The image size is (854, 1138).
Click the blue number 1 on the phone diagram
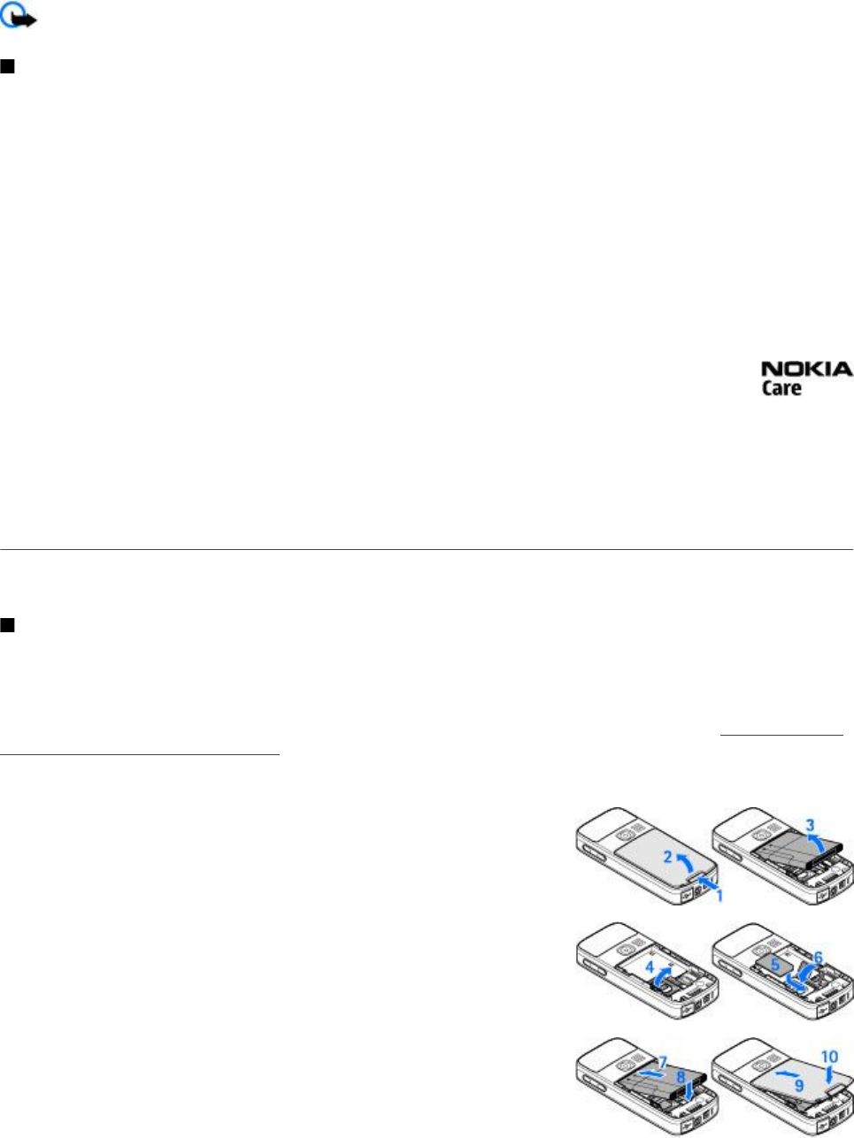[x=719, y=896]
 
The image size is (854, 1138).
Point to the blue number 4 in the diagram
[x=650, y=968]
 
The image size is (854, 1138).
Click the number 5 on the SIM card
[x=775, y=966]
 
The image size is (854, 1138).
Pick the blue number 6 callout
[x=817, y=958]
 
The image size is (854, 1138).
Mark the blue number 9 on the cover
[x=798, y=1084]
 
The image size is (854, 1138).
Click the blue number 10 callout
[x=829, y=1057]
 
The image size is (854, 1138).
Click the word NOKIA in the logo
[x=806, y=370]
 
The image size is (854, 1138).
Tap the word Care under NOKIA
[x=781, y=388]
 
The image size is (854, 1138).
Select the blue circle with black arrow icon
[x=19, y=18]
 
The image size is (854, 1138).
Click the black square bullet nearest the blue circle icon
[x=7, y=67]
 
